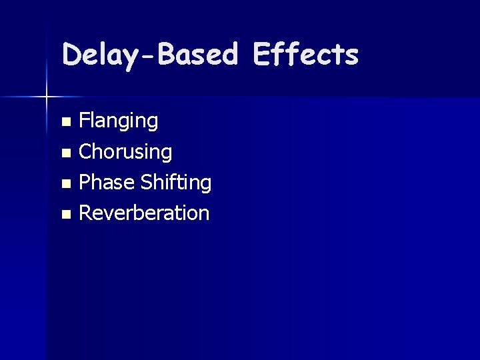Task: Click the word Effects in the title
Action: pyautogui.click(x=307, y=55)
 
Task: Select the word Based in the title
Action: pyautogui.click(x=198, y=55)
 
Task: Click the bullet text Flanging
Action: pyautogui.click(x=119, y=121)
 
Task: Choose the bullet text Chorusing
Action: pyautogui.click(x=125, y=152)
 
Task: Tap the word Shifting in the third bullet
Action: pyautogui.click(x=175, y=183)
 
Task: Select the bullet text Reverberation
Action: pyautogui.click(x=144, y=213)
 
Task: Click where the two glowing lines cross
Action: pyautogui.click(x=47, y=97)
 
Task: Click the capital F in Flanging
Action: pyautogui.click(x=84, y=121)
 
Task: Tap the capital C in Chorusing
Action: pyautogui.click(x=85, y=152)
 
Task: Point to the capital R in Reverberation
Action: pyautogui.click(x=85, y=213)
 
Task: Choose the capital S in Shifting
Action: pyautogui.click(x=146, y=183)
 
